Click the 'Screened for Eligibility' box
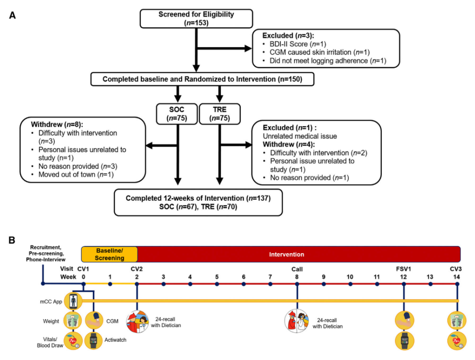(196, 18)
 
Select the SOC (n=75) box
(177, 114)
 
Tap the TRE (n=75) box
(219, 114)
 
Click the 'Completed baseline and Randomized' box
(202, 79)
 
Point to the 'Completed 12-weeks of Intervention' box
(198, 202)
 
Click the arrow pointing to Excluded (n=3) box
(224, 48)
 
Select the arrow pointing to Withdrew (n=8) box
(161, 146)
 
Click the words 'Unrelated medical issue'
(300, 136)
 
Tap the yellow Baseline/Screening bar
(110, 254)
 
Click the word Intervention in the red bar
(287, 254)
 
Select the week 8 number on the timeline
(297, 277)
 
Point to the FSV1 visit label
(403, 269)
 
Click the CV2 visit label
(137, 269)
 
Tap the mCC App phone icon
(73, 301)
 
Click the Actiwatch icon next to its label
(94, 340)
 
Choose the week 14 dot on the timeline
(457, 284)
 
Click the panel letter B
(12, 240)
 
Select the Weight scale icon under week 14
(457, 321)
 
